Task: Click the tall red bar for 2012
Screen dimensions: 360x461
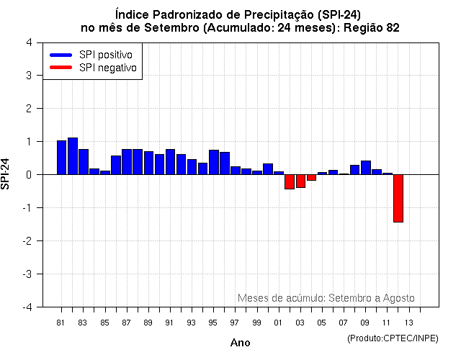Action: tap(398, 198)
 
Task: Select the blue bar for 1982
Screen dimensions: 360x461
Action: tap(73, 156)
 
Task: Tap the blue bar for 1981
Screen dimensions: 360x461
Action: tap(62, 157)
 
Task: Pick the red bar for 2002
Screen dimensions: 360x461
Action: tap(290, 181)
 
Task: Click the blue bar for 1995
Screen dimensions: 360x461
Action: tap(214, 162)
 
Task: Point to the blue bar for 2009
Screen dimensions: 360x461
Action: tap(366, 167)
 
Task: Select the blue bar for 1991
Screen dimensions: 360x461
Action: tap(170, 161)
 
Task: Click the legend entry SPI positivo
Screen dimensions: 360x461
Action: tap(94, 55)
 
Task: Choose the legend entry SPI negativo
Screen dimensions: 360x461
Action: tap(94, 68)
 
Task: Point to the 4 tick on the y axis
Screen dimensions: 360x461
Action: tap(28, 42)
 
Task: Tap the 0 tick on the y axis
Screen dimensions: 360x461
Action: tap(28, 175)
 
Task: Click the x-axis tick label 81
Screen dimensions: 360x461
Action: tap(61, 322)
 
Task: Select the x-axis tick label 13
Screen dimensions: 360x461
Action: tap(408, 322)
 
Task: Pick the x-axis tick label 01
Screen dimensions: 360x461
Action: tap(278, 322)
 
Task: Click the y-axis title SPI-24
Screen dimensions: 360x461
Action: tap(6, 174)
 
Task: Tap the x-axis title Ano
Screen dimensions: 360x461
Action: tap(240, 343)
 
